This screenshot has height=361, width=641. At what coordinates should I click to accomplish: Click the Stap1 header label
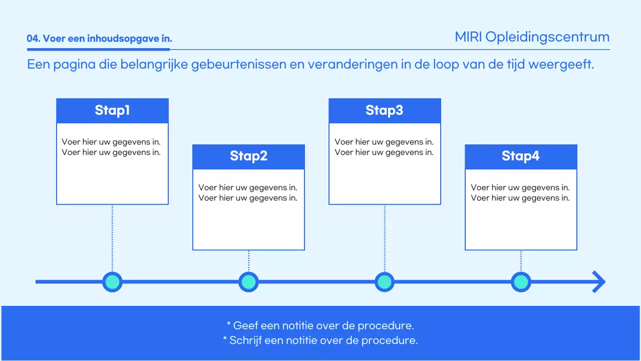[x=112, y=110]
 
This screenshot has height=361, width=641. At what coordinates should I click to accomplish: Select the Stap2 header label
[x=248, y=156]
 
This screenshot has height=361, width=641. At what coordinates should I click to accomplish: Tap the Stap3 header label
[x=385, y=110]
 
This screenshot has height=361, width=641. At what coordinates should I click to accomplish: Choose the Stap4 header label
[x=521, y=156]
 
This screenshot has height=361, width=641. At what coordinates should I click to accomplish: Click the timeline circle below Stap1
[x=112, y=282]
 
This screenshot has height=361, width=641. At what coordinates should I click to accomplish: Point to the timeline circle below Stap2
[x=248, y=282]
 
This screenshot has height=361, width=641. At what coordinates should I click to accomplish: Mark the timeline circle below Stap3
[x=385, y=282]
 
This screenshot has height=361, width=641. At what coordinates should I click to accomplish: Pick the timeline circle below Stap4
[x=521, y=282]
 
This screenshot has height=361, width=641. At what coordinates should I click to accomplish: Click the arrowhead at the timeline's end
[x=598, y=282]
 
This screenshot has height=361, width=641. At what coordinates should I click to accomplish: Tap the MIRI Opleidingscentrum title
[x=532, y=37]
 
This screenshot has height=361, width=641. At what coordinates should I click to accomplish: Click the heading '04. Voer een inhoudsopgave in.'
[x=99, y=39]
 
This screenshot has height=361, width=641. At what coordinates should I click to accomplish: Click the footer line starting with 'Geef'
[x=320, y=325]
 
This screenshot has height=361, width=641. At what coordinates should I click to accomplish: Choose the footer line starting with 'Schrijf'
[x=320, y=340]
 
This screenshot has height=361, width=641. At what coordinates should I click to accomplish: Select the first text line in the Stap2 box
[x=248, y=188]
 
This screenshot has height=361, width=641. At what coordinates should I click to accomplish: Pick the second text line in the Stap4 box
[x=520, y=198]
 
